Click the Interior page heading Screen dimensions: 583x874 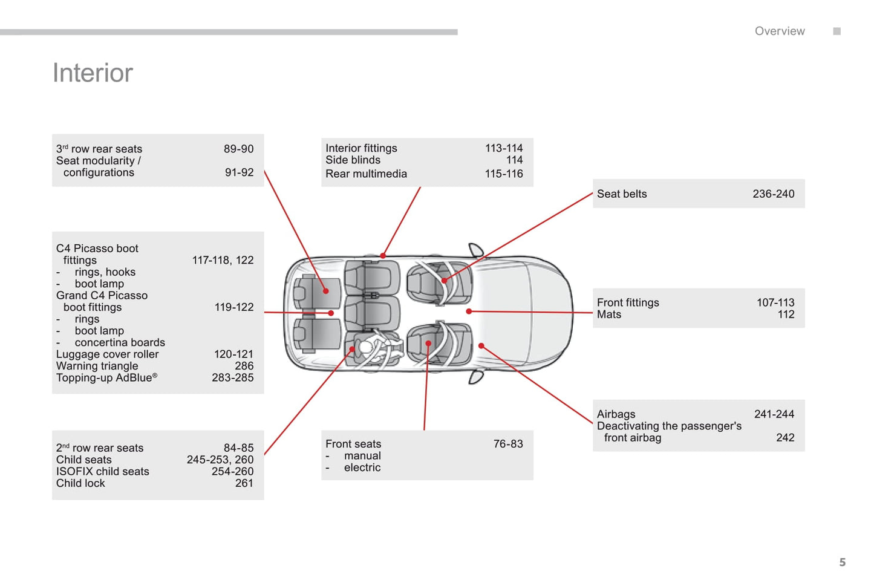click(x=93, y=73)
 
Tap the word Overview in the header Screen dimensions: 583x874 click(x=779, y=31)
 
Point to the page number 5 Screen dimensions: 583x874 click(x=842, y=562)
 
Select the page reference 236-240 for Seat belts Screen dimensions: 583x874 click(x=773, y=194)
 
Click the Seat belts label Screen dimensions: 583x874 click(x=622, y=194)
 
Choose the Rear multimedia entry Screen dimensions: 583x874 click(x=366, y=174)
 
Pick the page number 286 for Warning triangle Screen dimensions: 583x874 click(x=244, y=366)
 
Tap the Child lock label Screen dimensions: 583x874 click(x=80, y=483)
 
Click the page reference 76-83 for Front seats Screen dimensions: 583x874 click(x=507, y=444)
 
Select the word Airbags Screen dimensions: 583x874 click(x=616, y=414)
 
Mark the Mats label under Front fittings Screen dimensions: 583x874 click(x=608, y=314)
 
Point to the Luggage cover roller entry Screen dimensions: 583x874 click(x=107, y=354)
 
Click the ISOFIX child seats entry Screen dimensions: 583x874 click(x=102, y=472)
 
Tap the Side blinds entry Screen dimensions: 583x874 click(x=353, y=160)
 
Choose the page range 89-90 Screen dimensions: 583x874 click(x=238, y=149)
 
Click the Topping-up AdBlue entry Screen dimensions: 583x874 click(x=106, y=378)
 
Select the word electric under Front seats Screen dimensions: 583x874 click(x=362, y=467)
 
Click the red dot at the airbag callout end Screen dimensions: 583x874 click(x=481, y=346)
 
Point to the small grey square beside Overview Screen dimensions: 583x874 click(x=836, y=31)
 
